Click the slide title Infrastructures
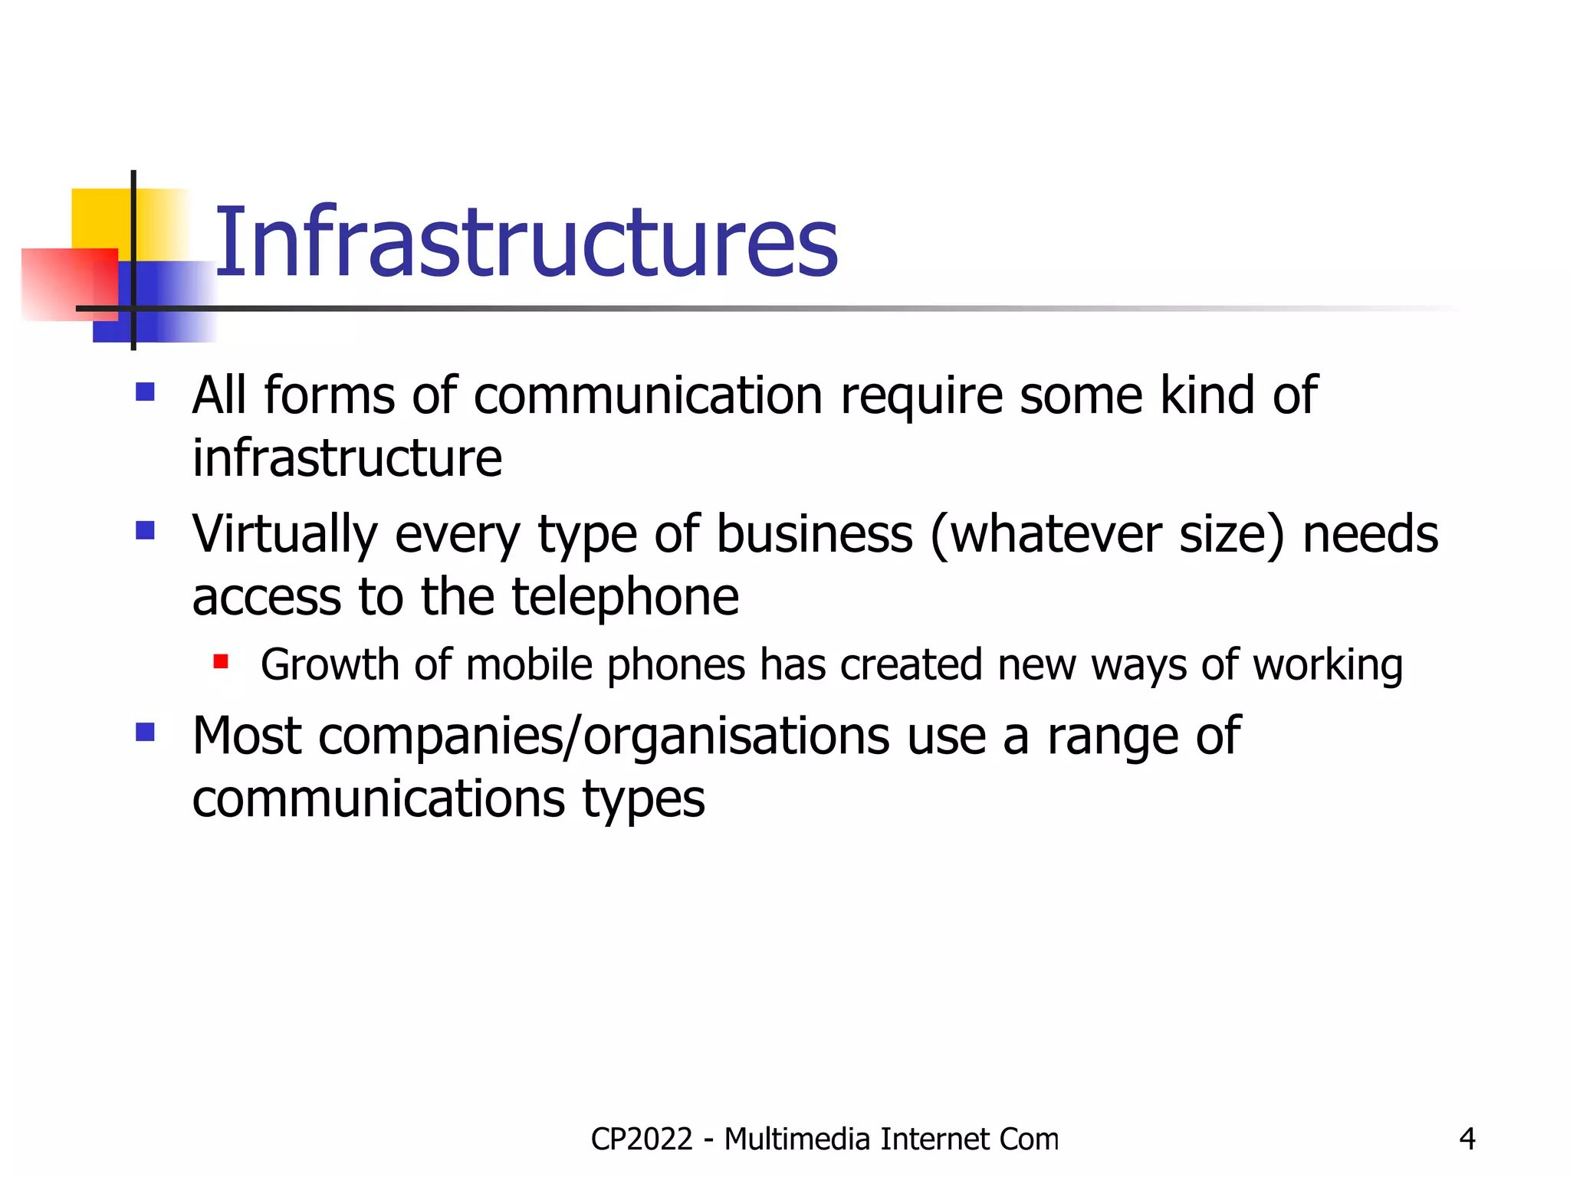tap(526, 242)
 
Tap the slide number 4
tap(1467, 1139)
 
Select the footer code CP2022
tap(642, 1139)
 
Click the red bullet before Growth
tap(221, 661)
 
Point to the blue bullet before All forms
tap(145, 392)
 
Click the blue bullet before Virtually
tap(145, 530)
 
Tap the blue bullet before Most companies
tap(145, 733)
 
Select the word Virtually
tap(284, 534)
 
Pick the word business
tap(814, 534)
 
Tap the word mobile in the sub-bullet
tap(529, 664)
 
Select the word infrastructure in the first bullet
tap(347, 458)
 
